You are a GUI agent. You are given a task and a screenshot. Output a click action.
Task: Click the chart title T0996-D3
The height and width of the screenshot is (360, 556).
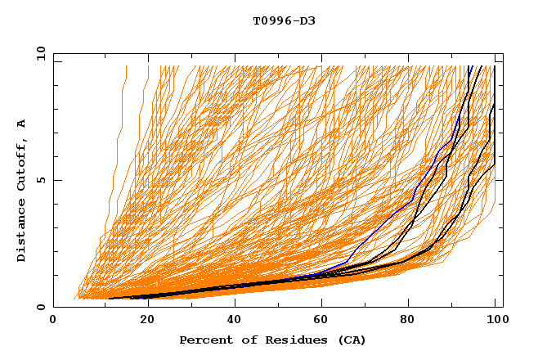pyautogui.click(x=284, y=20)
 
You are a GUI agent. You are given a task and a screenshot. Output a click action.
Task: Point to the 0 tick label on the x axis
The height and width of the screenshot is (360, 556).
pyautogui.click(x=53, y=321)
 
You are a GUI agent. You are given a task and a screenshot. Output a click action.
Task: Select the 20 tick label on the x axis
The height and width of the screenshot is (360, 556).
pyautogui.click(x=148, y=321)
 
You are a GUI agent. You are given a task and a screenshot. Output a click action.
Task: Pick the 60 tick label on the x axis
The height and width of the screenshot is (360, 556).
pyautogui.click(x=325, y=321)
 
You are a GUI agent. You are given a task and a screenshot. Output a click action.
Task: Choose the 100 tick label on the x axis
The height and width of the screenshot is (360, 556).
pyautogui.click(x=495, y=321)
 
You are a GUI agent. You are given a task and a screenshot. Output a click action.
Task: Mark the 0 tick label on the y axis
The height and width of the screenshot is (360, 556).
pyautogui.click(x=40, y=307)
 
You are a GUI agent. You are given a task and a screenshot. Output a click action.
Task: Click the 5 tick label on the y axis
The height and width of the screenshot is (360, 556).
pyautogui.click(x=40, y=180)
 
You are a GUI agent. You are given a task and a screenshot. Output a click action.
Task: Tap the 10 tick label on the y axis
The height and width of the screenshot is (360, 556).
pyautogui.click(x=37, y=53)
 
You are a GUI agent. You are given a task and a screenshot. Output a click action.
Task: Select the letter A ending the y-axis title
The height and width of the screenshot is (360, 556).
pyautogui.click(x=22, y=124)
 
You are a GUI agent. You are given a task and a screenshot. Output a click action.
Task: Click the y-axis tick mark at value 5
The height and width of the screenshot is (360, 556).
pyautogui.click(x=56, y=180)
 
